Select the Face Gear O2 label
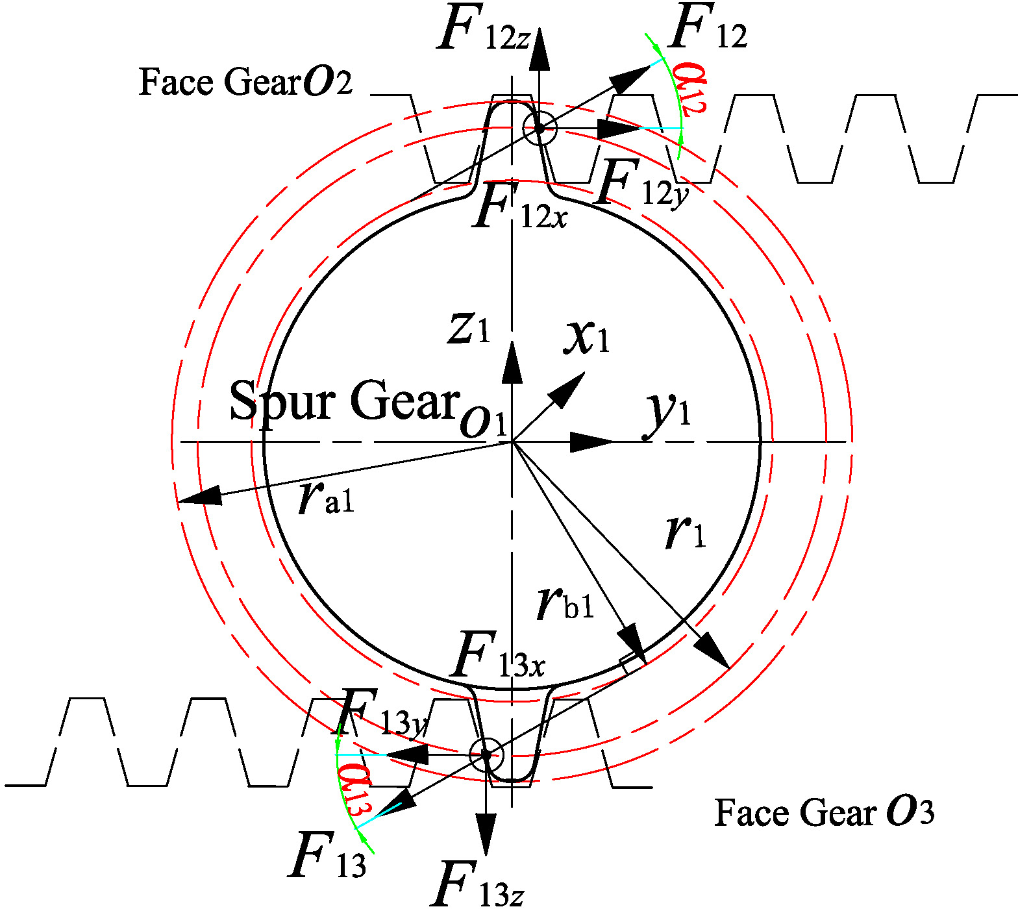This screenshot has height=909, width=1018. pos(245,82)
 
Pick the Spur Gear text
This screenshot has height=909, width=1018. pos(344,401)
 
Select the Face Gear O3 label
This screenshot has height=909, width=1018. pos(824,812)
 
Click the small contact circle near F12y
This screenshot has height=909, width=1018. pos(540,128)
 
